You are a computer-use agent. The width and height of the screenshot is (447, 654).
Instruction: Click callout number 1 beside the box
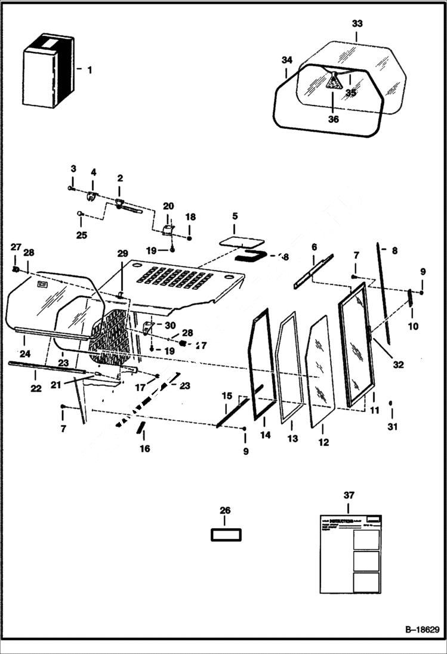point(90,70)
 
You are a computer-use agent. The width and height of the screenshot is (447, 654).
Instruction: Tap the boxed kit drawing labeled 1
point(48,70)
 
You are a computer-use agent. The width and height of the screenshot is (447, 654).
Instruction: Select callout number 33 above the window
point(357,24)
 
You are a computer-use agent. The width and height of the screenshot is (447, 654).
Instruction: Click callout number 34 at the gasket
point(287,60)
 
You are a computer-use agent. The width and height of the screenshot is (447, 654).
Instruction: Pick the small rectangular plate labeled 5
point(242,242)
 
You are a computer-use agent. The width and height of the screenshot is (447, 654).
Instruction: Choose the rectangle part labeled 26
point(226,534)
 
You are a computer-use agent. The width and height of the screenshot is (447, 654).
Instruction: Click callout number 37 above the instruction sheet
point(349,496)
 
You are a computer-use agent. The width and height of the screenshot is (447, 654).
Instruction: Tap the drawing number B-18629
point(418,630)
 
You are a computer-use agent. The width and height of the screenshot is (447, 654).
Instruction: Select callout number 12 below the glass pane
point(323,442)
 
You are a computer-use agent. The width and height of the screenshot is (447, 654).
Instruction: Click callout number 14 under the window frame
point(265,435)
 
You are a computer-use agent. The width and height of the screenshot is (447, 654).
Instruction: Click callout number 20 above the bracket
point(169,206)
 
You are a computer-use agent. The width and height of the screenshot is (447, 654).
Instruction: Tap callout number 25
point(82,235)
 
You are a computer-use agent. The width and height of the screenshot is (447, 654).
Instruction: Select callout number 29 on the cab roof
point(122,254)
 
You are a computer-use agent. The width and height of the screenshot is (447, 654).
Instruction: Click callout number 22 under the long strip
point(35,389)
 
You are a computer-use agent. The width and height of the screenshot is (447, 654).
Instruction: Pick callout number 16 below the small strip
point(145,448)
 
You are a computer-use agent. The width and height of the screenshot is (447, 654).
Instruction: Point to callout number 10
point(413,326)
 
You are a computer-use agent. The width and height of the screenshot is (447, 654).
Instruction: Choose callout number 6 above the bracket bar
point(314,247)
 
